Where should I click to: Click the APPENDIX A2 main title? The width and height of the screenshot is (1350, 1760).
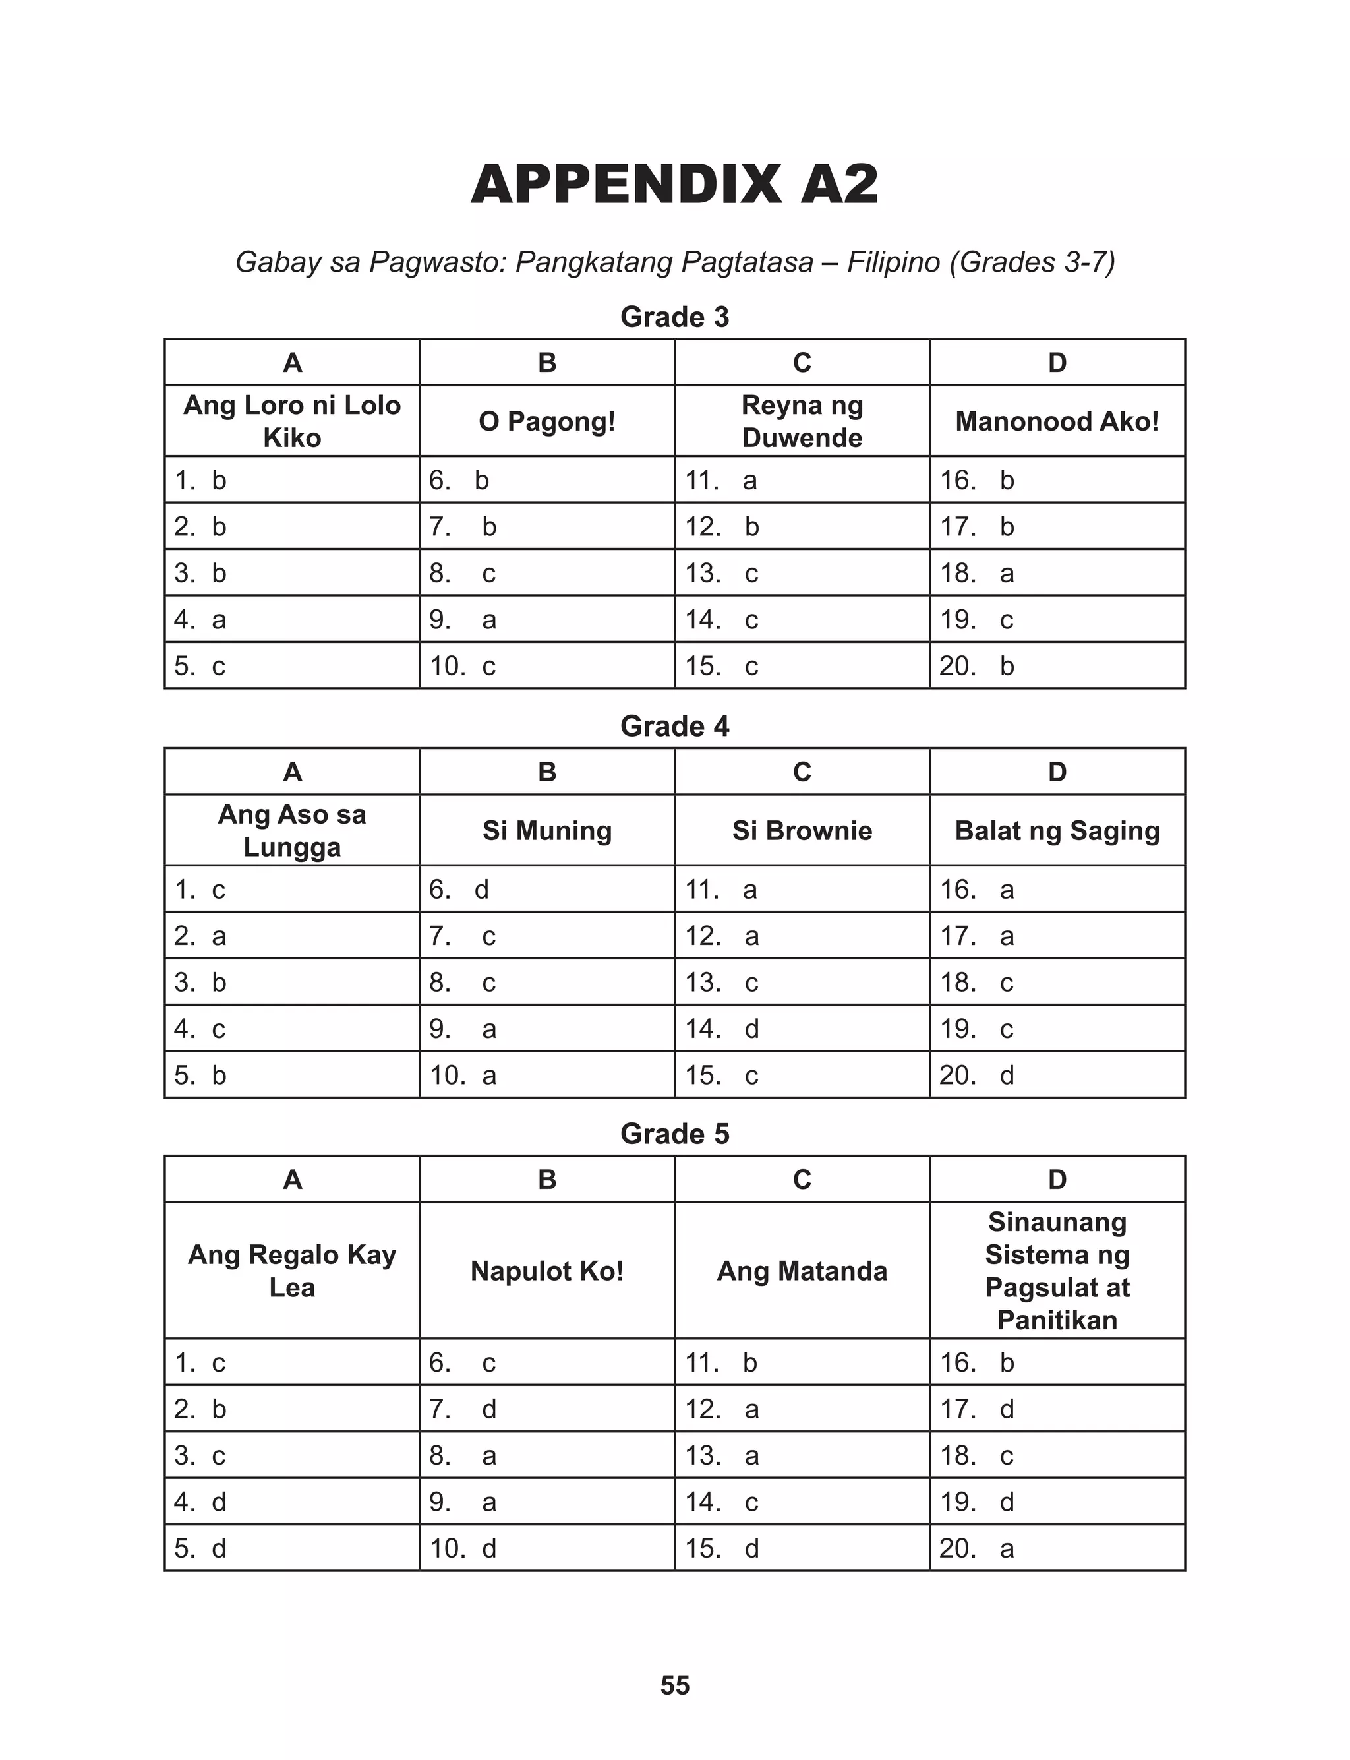point(674,185)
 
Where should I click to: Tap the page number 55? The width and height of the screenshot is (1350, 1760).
point(674,1684)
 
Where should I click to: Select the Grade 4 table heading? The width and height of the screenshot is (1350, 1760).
point(674,726)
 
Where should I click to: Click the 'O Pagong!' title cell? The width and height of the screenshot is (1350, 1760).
point(546,421)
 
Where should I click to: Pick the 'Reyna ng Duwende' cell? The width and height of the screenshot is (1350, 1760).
point(802,421)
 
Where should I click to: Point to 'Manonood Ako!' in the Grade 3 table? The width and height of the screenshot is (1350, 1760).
point(1057,421)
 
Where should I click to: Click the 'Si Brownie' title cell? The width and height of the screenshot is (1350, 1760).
point(802,830)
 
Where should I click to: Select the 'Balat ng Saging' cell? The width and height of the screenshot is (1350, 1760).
point(1057,830)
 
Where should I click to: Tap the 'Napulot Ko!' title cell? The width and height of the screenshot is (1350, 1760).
point(546,1271)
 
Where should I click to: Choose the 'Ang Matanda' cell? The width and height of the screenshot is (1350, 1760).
point(802,1271)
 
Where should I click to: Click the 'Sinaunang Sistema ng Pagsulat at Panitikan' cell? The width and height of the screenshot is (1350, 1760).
point(1057,1271)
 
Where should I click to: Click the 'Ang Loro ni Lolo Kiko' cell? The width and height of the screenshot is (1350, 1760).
point(292,421)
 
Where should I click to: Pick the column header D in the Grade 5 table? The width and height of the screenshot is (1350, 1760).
point(1057,1179)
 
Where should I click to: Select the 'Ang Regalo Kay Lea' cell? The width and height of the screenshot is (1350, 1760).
point(292,1271)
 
